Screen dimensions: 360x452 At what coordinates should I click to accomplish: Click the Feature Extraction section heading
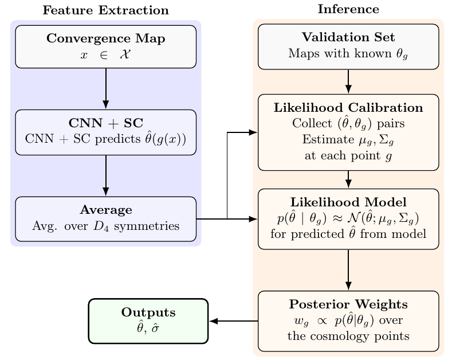[106, 10]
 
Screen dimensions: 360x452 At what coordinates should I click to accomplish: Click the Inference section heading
[348, 9]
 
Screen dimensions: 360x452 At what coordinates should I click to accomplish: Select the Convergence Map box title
[106, 39]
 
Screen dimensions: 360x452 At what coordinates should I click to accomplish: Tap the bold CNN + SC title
[106, 123]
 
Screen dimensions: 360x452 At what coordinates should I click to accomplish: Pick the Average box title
[106, 210]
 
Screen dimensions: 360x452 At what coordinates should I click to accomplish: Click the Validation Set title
[348, 37]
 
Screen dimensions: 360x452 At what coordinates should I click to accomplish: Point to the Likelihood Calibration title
[348, 108]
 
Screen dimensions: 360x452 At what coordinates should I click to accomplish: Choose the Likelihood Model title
[348, 202]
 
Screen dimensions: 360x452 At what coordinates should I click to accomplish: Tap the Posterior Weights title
[348, 304]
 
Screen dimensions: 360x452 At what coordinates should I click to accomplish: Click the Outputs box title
[148, 312]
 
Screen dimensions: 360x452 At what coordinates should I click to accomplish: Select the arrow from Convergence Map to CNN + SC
[106, 89]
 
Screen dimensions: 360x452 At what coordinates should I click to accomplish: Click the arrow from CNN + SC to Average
[106, 175]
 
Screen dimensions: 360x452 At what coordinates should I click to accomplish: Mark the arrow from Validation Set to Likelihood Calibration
[348, 81]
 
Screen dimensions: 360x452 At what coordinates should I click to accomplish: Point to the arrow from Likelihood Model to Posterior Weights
[348, 270]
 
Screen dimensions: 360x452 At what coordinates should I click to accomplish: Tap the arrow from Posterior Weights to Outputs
[233, 321]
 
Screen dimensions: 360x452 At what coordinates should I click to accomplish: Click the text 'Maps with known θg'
[348, 54]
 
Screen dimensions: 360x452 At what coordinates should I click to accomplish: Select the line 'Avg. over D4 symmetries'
[106, 226]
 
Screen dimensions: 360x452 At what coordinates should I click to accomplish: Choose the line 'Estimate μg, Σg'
[348, 140]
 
